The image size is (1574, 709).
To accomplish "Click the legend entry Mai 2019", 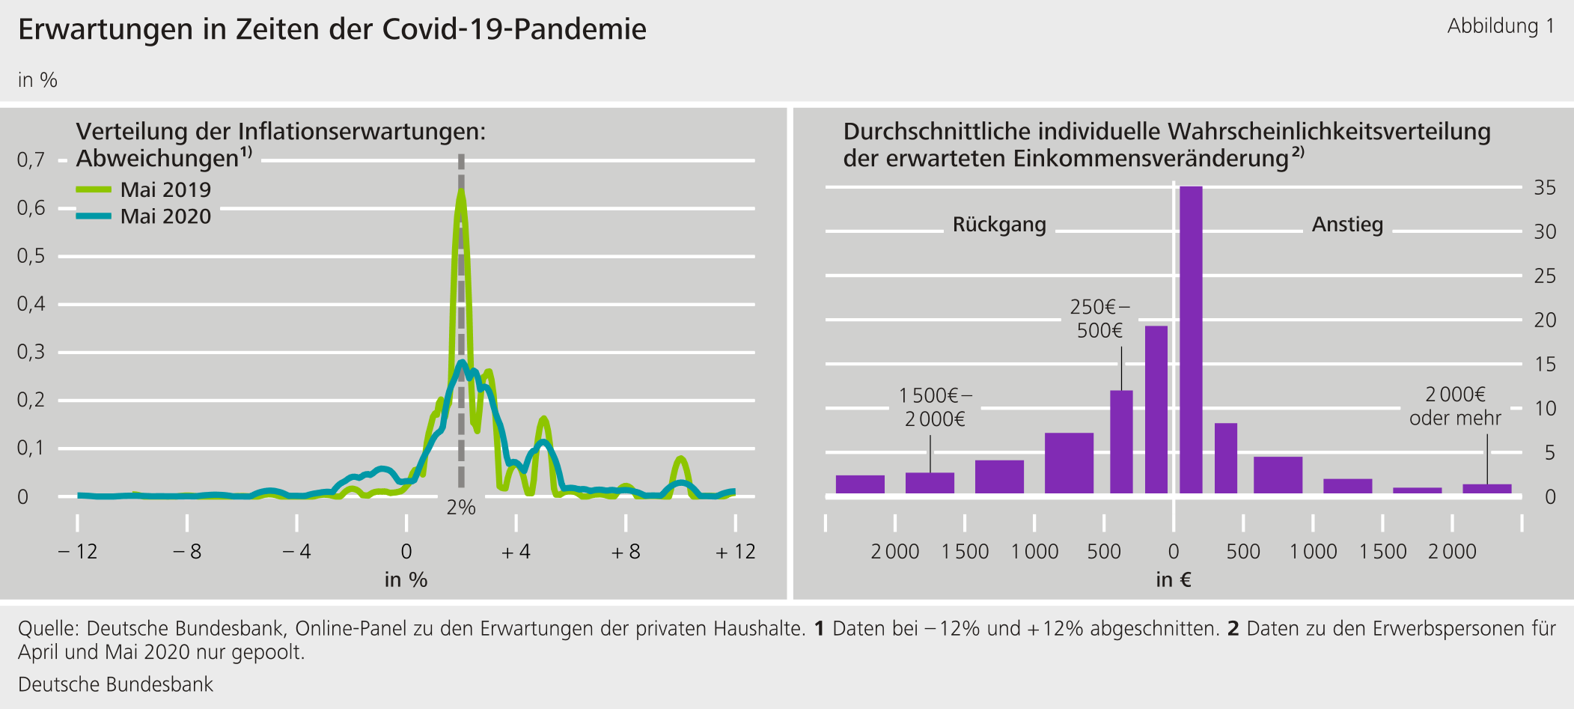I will pyautogui.click(x=165, y=189).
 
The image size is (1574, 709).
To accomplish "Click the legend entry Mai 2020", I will pyautogui.click(x=165, y=216).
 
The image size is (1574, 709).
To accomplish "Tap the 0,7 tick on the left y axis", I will pyautogui.click(x=31, y=159).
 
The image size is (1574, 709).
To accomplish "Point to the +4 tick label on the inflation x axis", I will pyautogui.click(x=516, y=552).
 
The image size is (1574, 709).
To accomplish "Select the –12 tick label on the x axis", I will pyautogui.click(x=78, y=552).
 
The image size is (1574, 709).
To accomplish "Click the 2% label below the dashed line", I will pyautogui.click(x=461, y=508).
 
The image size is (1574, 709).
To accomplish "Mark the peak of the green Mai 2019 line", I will pyautogui.click(x=461, y=192).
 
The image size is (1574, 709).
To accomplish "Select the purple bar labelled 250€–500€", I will pyautogui.click(x=1121, y=442).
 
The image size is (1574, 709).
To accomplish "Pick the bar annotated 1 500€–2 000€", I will pyautogui.click(x=930, y=483).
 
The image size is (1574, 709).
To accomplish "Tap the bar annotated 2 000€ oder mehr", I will pyautogui.click(x=1486, y=489).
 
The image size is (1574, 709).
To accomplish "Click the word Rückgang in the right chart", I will pyautogui.click(x=999, y=225).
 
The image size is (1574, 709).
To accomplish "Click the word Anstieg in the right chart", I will pyautogui.click(x=1347, y=225).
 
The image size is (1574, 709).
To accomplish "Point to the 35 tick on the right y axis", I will pyautogui.click(x=1545, y=188).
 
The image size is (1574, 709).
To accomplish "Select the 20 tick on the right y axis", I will pyautogui.click(x=1545, y=320).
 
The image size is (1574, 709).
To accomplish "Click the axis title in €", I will pyautogui.click(x=1173, y=579).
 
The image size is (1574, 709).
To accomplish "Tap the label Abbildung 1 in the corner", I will pyautogui.click(x=1500, y=26).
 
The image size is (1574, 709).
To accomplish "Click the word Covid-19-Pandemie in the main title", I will pyautogui.click(x=514, y=29).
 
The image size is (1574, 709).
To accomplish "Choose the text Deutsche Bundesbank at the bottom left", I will pyautogui.click(x=115, y=684).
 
